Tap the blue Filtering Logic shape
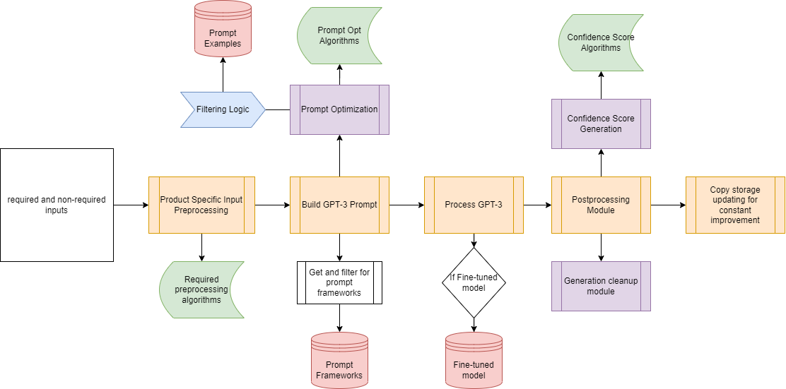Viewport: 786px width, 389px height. click(x=222, y=109)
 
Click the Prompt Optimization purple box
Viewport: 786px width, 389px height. click(x=339, y=109)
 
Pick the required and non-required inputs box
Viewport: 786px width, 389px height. click(x=57, y=205)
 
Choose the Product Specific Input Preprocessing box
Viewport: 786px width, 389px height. click(x=201, y=205)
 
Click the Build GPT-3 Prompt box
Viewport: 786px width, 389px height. click(x=339, y=205)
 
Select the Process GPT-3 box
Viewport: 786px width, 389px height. click(x=474, y=205)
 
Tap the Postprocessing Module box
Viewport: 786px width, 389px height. click(x=601, y=205)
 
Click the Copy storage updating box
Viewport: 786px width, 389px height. click(x=735, y=205)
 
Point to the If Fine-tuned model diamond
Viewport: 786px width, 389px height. click(x=474, y=282)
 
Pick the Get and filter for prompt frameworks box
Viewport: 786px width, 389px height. click(x=339, y=282)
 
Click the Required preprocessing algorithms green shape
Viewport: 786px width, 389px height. click(x=201, y=289)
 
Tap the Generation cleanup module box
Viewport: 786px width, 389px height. click(x=601, y=286)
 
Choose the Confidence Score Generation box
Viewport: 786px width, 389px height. click(x=601, y=124)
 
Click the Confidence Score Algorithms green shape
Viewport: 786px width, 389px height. click(x=601, y=42)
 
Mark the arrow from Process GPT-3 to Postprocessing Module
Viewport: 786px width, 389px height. click(x=537, y=205)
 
